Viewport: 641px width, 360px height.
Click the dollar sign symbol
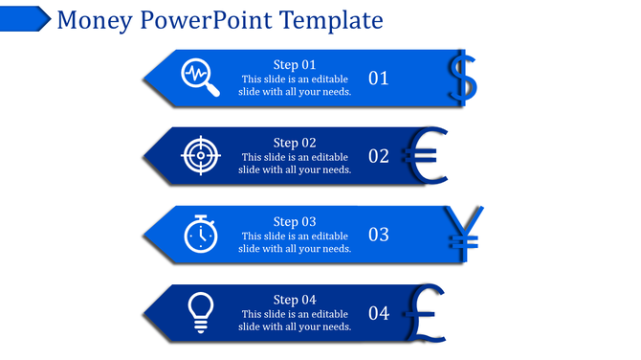tap(462, 78)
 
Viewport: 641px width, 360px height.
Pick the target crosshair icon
tap(201, 155)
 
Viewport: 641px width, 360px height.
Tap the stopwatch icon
tap(200, 234)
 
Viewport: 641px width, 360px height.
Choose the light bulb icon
tap(200, 312)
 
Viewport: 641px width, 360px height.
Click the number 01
tap(379, 79)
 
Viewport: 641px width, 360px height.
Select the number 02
tap(379, 156)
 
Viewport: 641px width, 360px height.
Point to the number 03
tap(379, 235)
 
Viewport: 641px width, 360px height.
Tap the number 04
tap(379, 313)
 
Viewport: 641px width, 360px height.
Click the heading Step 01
tap(295, 64)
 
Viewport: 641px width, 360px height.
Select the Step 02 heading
tap(295, 143)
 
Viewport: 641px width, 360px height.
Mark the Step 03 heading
tap(295, 221)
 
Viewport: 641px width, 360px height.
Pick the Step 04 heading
tap(295, 300)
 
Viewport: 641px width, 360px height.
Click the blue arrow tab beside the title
tap(25, 17)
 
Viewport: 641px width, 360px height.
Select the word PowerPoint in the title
tap(204, 20)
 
